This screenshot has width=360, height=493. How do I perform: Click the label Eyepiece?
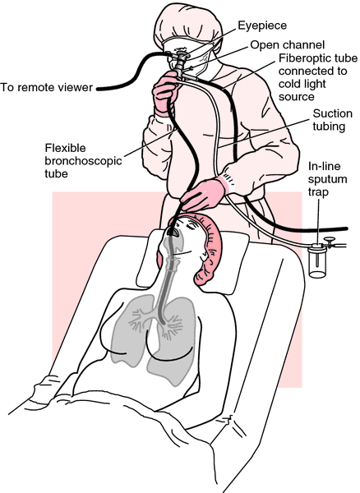pos(262,25)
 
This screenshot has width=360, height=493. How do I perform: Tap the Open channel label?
pos(288,45)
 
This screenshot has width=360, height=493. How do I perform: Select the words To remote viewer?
pos(47,87)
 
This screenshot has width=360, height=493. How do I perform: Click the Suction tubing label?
pos(332,120)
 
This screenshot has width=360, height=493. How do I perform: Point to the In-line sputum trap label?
pos(327,179)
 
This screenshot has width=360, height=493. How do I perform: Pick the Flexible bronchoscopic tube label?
pos(83,161)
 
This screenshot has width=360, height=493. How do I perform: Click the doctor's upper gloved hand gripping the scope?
pos(166,93)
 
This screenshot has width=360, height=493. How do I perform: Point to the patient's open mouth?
pos(173,232)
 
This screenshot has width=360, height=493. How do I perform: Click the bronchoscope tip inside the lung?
pos(163,322)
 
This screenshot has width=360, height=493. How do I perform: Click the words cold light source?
pos(303,90)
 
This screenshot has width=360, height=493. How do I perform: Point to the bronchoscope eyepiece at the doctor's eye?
pos(181,57)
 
